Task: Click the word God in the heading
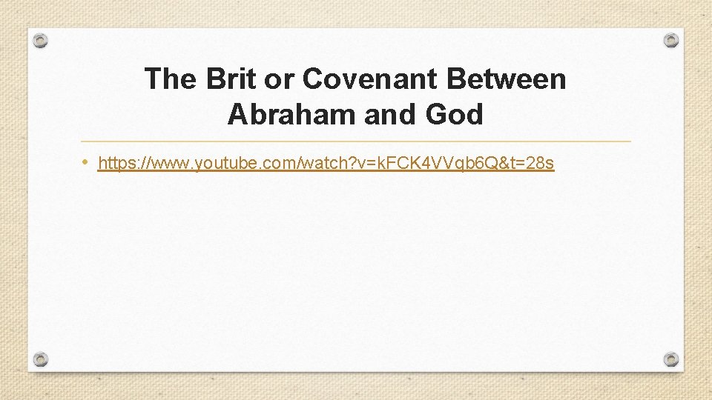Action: pyautogui.click(x=454, y=115)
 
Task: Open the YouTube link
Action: pyautogui.click(x=326, y=164)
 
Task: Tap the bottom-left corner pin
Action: pyautogui.click(x=42, y=359)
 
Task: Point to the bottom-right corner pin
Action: pyautogui.click(x=670, y=359)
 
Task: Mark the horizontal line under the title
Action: pyautogui.click(x=356, y=141)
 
